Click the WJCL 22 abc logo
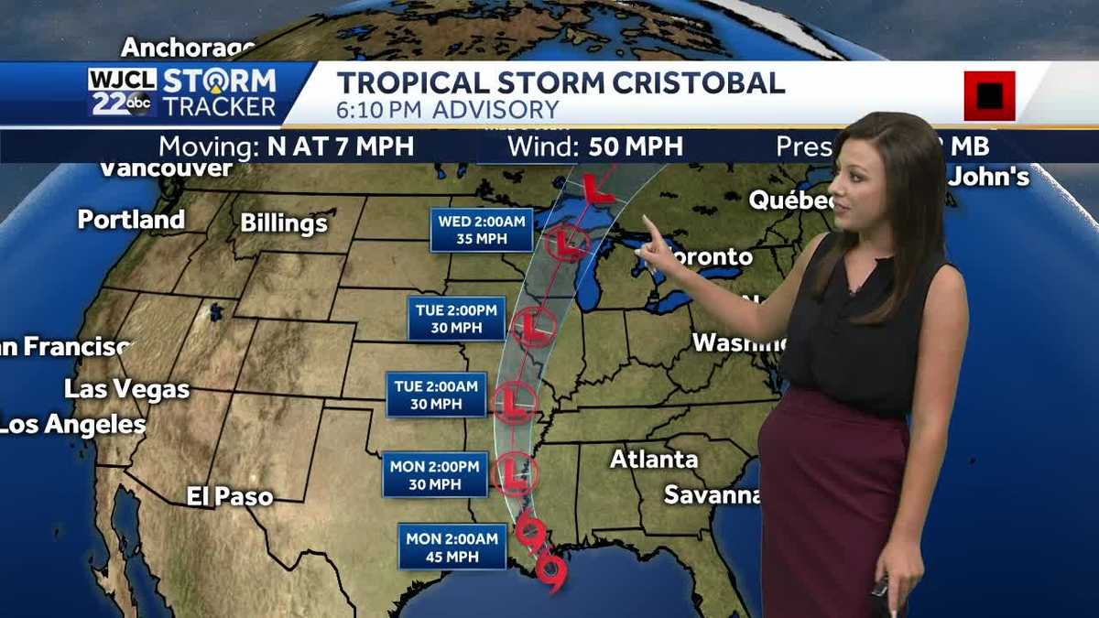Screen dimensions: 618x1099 [x=122, y=92]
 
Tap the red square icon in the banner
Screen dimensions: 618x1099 [x=989, y=95]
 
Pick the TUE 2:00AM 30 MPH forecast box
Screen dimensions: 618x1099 [x=436, y=395]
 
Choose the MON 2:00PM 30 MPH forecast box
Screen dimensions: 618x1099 [x=434, y=475]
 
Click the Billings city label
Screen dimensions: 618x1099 [x=284, y=223]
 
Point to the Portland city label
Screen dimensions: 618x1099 [x=131, y=220]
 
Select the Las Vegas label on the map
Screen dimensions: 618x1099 [x=126, y=388]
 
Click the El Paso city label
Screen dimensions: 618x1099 [x=230, y=496]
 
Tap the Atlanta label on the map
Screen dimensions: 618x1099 [x=654, y=459]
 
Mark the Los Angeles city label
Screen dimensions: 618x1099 [x=72, y=425]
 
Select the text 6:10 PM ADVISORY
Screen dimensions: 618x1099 [x=447, y=111]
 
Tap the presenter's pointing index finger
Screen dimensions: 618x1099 [x=648, y=224]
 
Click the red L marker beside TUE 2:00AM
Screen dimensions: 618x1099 [x=514, y=402]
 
